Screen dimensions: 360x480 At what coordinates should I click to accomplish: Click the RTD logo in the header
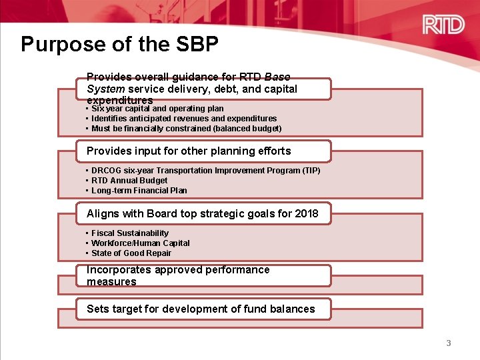click(x=443, y=25)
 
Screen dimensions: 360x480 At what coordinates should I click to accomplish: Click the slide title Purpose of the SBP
click(x=119, y=45)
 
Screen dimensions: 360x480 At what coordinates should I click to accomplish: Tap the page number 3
click(x=449, y=343)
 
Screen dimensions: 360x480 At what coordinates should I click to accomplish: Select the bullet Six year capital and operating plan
click(x=157, y=109)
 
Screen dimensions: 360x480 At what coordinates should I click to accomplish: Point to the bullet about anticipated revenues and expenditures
click(x=184, y=119)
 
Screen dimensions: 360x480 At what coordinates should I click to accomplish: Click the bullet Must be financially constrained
click(x=186, y=129)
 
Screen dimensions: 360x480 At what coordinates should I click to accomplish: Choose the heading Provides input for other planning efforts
click(x=189, y=151)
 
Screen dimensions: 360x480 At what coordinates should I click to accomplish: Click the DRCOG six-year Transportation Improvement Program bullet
click(x=205, y=171)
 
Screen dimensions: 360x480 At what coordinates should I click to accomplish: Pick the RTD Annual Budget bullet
click(x=129, y=181)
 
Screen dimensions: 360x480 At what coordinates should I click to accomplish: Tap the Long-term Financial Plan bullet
click(x=139, y=191)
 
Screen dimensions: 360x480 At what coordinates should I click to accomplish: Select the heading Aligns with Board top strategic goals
click(x=202, y=214)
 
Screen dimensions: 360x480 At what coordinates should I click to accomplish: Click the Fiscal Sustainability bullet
click(x=130, y=233)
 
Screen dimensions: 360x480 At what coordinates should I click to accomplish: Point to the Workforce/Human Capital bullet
click(x=140, y=243)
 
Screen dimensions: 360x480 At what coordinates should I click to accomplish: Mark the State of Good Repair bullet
click(x=131, y=253)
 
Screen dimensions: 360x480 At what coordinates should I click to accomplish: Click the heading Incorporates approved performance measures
click(x=178, y=275)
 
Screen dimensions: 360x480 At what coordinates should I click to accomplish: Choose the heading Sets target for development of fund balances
click(x=200, y=309)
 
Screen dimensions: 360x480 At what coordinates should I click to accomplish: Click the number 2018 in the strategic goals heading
click(x=306, y=214)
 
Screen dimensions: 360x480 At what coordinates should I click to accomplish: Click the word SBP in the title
click(x=198, y=45)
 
